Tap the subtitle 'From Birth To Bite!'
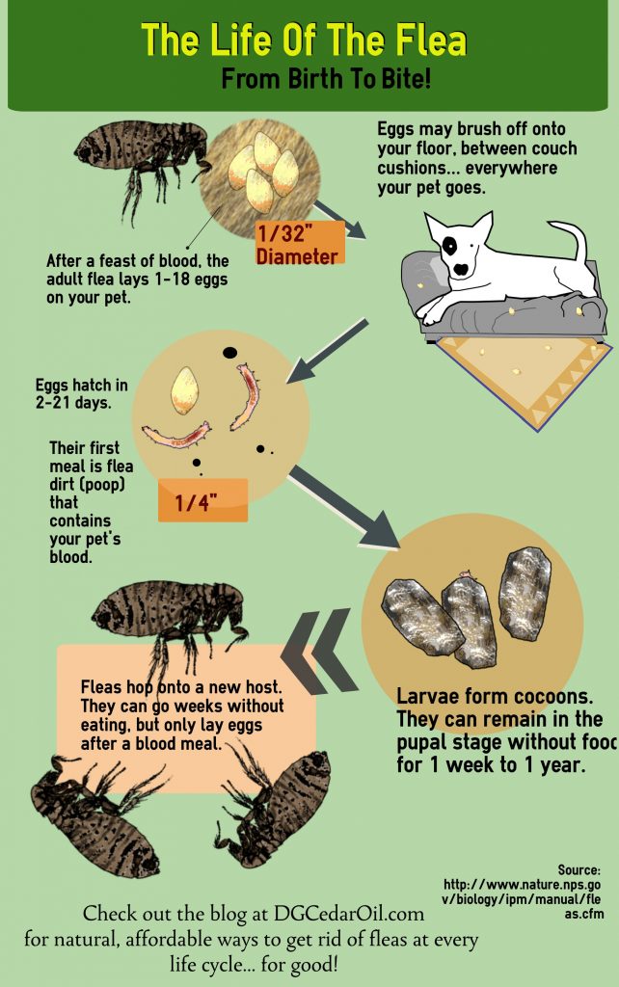coord(326,79)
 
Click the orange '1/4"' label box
coord(202,500)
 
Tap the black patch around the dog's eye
coord(449,246)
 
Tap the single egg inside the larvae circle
coord(184,391)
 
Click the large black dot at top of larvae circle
coord(229,353)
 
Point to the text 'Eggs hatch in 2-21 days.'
coord(81,393)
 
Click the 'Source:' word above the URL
coord(579,870)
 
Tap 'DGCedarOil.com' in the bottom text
coord(349,913)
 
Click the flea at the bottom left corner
coord(94,812)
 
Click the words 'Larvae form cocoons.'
coord(495,697)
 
